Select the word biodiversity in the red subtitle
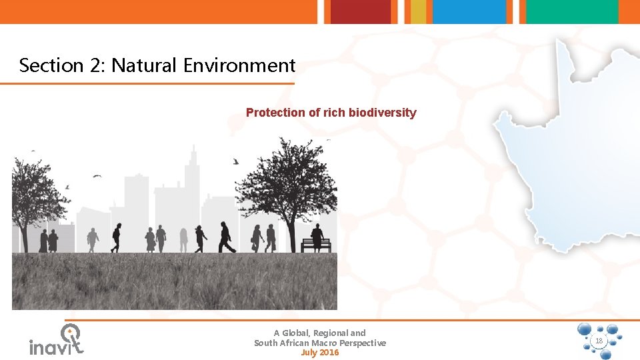pos(382,113)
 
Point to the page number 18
pos(599,341)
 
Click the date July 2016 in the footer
pos(320,353)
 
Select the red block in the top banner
pos(361,11)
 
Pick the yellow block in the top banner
pos(418,11)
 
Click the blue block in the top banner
pos(469,11)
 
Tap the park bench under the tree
pos(315,245)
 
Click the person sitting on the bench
pos(317,235)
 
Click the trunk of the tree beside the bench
pos(291,233)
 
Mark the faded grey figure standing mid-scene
pos(183,239)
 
